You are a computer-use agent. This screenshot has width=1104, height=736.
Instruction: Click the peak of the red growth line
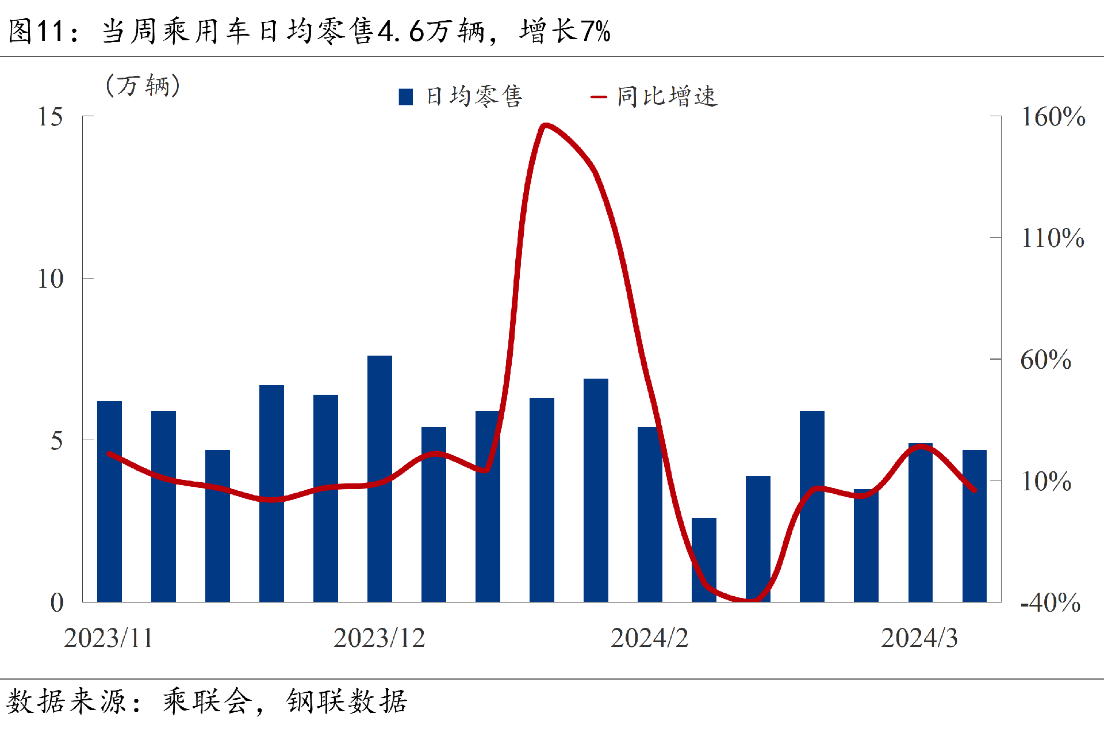(545, 125)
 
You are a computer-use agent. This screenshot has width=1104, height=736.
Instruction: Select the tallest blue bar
(379, 478)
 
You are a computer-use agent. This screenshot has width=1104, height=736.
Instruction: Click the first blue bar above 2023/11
(109, 501)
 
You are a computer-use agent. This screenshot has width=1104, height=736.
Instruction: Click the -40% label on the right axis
(1050, 602)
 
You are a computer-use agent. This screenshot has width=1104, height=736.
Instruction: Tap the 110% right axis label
(1052, 238)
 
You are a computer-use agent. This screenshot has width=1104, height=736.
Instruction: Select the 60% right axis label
(1045, 360)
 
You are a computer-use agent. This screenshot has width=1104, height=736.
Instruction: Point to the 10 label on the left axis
(50, 279)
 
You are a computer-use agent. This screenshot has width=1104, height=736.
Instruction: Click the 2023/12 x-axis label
(379, 638)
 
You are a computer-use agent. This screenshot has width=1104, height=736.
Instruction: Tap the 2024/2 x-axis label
(649, 638)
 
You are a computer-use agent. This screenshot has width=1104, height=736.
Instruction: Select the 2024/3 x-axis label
(919, 638)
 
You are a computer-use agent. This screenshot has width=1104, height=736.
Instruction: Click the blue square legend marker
(406, 97)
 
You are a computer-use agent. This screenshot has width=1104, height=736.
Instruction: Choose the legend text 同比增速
(667, 97)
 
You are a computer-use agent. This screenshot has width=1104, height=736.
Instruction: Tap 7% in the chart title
(596, 31)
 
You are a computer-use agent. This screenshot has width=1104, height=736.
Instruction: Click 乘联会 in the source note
(207, 701)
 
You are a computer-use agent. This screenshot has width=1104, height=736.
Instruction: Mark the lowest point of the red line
(751, 601)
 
